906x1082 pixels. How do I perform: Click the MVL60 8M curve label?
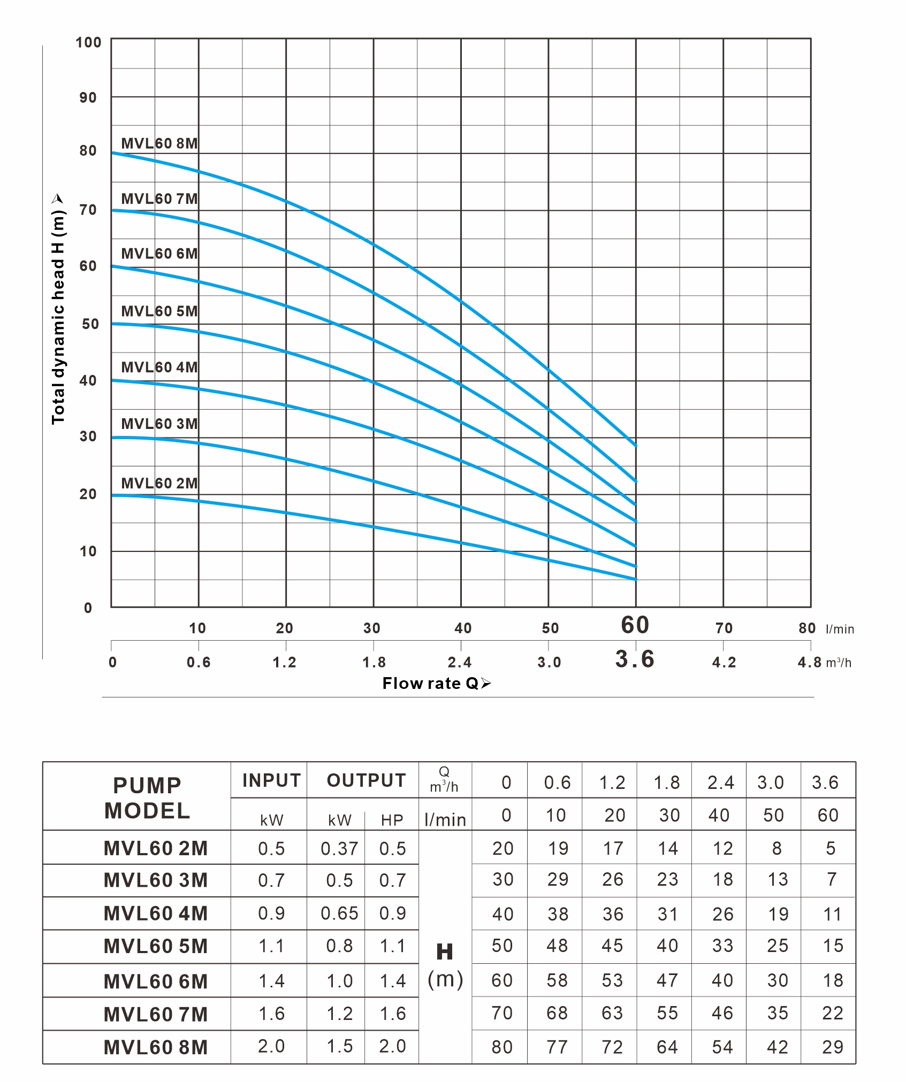(x=159, y=143)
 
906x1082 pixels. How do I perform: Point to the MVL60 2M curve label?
(x=159, y=483)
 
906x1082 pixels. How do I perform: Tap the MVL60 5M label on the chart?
(x=159, y=311)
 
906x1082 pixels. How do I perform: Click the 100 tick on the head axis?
(x=88, y=42)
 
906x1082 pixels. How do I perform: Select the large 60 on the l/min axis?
(x=635, y=625)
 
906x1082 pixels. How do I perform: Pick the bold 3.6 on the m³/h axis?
(x=635, y=659)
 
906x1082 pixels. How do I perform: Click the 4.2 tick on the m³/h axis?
(x=724, y=663)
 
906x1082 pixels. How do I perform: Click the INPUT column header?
(x=271, y=780)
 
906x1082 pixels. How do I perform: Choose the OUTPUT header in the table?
(x=367, y=780)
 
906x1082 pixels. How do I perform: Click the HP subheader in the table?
(x=392, y=820)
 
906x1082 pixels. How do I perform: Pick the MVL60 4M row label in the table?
(x=156, y=913)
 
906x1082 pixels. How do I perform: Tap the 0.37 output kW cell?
(x=339, y=848)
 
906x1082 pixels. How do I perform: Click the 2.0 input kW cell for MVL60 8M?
(x=271, y=1046)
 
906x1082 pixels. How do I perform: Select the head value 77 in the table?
(x=557, y=1047)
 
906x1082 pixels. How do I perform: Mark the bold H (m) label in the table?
(x=445, y=965)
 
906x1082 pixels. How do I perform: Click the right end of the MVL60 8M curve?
(x=635, y=444)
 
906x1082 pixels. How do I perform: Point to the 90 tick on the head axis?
(x=88, y=97)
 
